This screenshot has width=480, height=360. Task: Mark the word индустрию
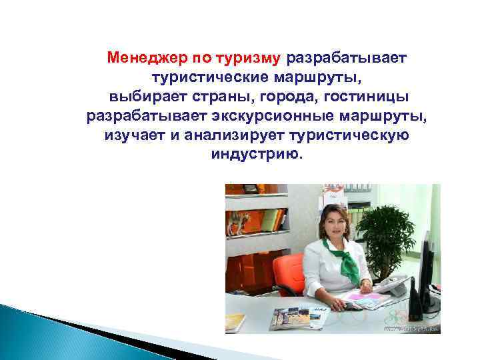pos(256,155)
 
